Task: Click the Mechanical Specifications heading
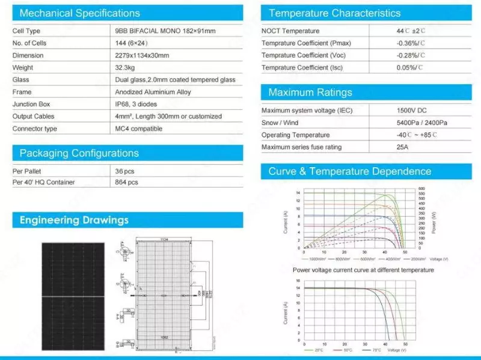(x=79, y=13)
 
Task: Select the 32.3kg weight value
(x=127, y=67)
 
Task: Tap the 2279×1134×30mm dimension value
(x=142, y=55)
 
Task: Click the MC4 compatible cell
(x=138, y=129)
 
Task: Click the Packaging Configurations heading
(x=79, y=153)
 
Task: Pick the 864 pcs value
(x=126, y=182)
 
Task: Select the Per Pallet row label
(x=29, y=171)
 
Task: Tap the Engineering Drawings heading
(x=74, y=220)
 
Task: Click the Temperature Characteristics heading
(x=334, y=13)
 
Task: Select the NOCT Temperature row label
(x=290, y=31)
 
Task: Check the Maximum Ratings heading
(x=310, y=93)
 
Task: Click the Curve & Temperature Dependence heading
(x=349, y=172)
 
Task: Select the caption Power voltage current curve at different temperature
(x=363, y=270)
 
